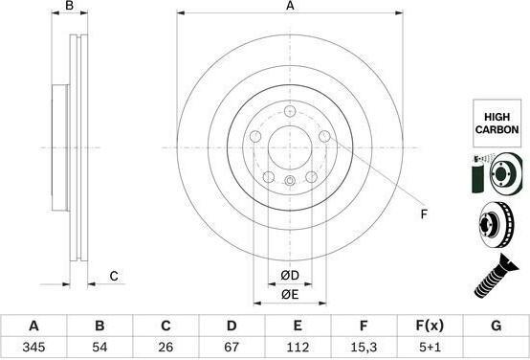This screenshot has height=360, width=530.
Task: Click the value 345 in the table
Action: pyautogui.click(x=33, y=347)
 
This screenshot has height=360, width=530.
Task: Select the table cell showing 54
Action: pyautogui.click(x=99, y=347)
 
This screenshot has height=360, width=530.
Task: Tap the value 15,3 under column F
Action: pyautogui.click(x=364, y=347)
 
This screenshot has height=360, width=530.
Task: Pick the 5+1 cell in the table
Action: pyautogui.click(x=430, y=347)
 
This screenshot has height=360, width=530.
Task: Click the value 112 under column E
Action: pyautogui.click(x=298, y=347)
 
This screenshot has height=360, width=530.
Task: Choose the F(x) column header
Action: pyautogui.click(x=430, y=326)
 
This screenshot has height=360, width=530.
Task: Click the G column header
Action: pyautogui.click(x=496, y=326)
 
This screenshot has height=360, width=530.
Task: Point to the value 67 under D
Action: pyautogui.click(x=232, y=347)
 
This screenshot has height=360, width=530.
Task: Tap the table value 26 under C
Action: pyautogui.click(x=166, y=347)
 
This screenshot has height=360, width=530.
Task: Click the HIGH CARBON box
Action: pyautogui.click(x=497, y=124)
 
